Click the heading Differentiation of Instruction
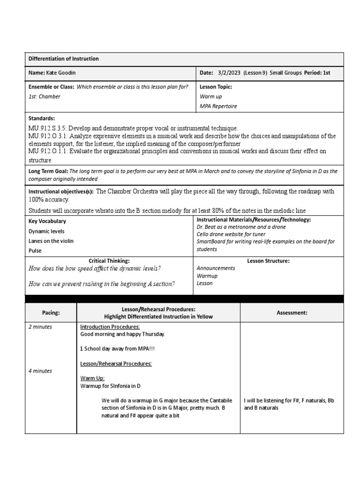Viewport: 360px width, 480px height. (64, 59)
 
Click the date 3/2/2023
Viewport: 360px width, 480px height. (230, 73)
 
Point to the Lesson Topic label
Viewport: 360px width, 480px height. (216, 87)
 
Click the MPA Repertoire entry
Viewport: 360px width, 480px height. (218, 106)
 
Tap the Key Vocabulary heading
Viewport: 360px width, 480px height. (47, 221)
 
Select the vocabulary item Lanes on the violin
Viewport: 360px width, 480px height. (51, 241)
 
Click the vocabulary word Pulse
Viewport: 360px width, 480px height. (35, 251)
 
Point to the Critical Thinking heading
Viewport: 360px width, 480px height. (109, 260)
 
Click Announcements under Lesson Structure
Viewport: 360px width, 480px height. (216, 268)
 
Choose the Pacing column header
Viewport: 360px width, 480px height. (50, 313)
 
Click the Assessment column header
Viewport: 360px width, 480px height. (292, 313)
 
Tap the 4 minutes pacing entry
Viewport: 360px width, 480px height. (40, 371)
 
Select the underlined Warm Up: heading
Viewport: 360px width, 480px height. (92, 378)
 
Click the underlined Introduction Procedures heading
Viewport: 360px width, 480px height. (110, 327)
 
